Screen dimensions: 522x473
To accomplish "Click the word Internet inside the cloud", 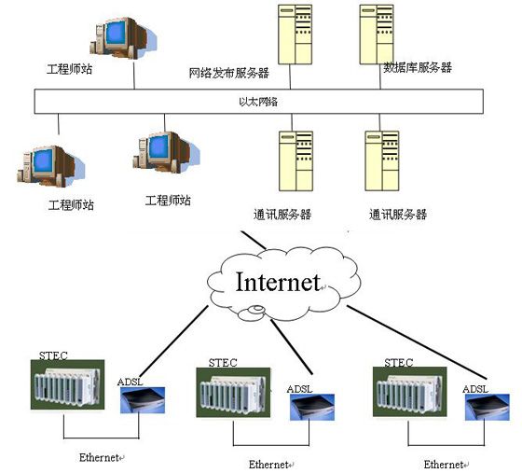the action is coord(278,282).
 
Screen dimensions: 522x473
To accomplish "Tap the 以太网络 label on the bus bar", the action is coord(258,102).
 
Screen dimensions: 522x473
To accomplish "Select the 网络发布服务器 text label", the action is coord(229,73).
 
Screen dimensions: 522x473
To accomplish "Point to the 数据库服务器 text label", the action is coord(418,67).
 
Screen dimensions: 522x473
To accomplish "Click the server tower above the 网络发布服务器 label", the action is coord(295,35).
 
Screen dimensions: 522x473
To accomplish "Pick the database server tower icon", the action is coord(377,35).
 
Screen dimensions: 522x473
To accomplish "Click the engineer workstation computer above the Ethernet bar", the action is coord(123,37).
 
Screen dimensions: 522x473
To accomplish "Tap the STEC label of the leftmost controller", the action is coord(53,355).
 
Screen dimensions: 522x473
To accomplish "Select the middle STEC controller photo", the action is coord(233,393).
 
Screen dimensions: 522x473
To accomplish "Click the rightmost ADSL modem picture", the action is coord(488,407).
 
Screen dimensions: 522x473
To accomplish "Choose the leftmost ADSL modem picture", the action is coord(143,400).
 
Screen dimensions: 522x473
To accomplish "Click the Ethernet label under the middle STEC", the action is coord(268,465).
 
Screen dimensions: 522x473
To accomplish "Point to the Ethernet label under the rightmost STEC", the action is coord(444,465).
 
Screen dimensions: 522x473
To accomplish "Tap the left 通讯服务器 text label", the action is coord(282,215).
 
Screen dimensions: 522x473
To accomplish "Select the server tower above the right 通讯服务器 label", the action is coord(382,160).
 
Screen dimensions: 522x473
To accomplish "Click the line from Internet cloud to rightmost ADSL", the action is coord(418,342).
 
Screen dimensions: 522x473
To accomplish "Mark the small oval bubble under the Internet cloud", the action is coord(257,310).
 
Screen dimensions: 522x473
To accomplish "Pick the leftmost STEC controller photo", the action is coord(67,384).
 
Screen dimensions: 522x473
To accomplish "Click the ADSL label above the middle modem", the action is coord(299,389).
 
